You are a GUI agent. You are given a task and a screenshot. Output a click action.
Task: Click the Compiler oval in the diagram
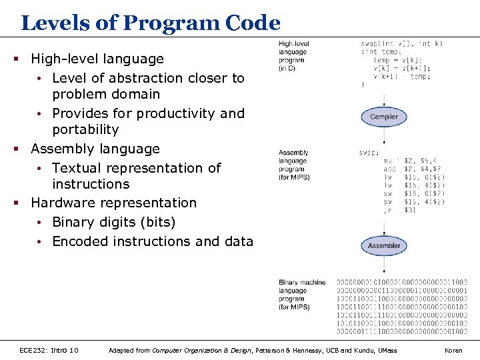pyautogui.click(x=384, y=117)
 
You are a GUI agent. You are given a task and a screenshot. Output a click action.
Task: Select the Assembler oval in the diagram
pyautogui.click(x=384, y=245)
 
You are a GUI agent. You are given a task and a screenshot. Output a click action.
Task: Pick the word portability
pyautogui.click(x=85, y=129)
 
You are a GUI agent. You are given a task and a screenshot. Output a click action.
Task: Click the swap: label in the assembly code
pyautogui.click(x=369, y=153)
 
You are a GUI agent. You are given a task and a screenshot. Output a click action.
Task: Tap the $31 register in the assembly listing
pyautogui.click(x=411, y=210)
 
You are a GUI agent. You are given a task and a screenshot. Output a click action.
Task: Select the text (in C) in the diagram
pyautogui.click(x=288, y=67)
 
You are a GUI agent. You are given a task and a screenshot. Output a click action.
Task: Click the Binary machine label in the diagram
pyautogui.click(x=302, y=283)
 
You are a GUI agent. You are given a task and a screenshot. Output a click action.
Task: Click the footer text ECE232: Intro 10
pyautogui.click(x=49, y=350)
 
